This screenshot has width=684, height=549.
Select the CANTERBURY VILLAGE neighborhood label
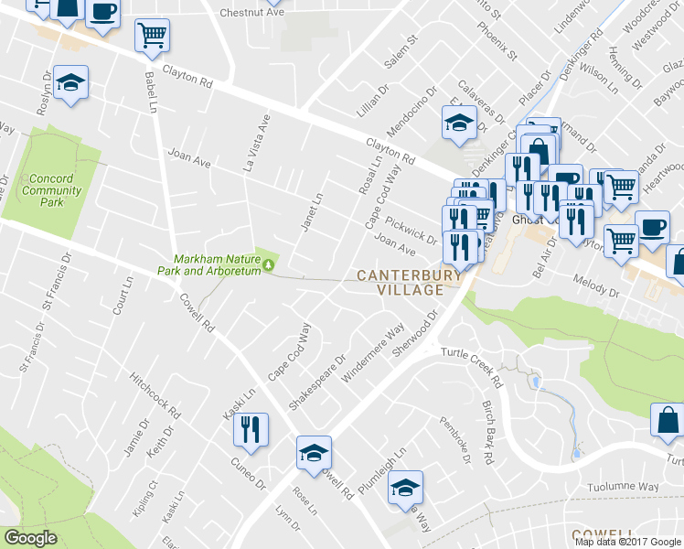(401, 282)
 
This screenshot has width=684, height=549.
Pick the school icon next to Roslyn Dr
(70, 83)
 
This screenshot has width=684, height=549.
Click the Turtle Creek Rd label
(472, 363)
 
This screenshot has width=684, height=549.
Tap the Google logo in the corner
(30, 538)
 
